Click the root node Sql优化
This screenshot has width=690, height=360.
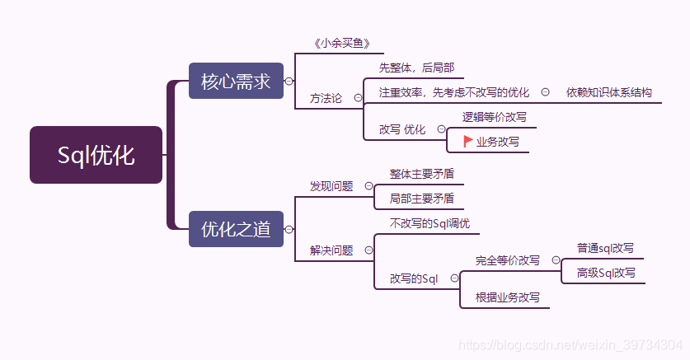tap(96, 155)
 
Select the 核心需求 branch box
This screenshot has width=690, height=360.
tap(236, 82)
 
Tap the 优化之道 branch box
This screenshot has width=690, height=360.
tap(236, 229)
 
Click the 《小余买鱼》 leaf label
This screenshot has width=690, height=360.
tap(337, 44)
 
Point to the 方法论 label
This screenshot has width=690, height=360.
tap(326, 97)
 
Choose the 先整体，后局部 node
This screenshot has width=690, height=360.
tap(416, 68)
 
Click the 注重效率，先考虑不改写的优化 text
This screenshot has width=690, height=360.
tap(454, 92)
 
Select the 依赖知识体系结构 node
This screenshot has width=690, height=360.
tap(609, 92)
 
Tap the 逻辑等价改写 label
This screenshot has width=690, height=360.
tap(494, 117)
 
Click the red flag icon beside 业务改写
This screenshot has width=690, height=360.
tap(468, 141)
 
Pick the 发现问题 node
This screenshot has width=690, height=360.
tap(331, 186)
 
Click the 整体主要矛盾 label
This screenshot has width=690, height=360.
tap(421, 174)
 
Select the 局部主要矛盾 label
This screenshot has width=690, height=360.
tap(421, 198)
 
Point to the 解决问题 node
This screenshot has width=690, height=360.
tap(331, 250)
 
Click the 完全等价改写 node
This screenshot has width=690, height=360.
tap(508, 260)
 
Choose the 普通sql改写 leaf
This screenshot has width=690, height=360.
tap(606, 248)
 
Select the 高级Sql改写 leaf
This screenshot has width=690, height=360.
tap(606, 273)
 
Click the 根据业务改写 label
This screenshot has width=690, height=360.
tap(508, 297)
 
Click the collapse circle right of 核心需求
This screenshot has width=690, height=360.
tap(289, 82)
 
